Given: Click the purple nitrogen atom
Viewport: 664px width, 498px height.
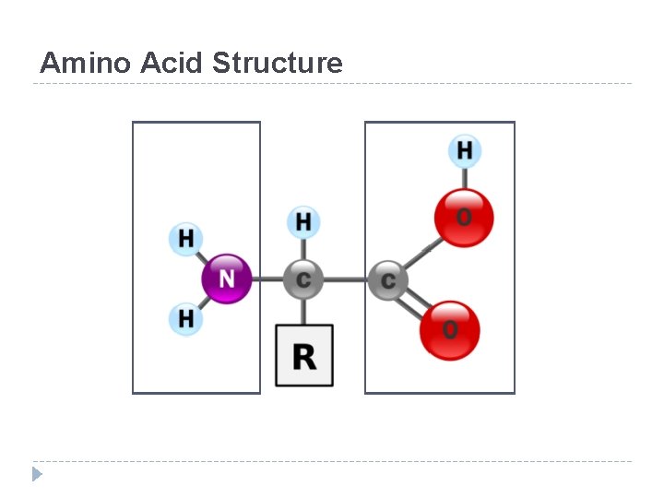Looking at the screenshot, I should coord(226,278).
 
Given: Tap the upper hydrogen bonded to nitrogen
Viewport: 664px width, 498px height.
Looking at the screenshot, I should coord(185,239).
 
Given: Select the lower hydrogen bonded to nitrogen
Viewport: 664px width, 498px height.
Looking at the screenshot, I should coord(185,319).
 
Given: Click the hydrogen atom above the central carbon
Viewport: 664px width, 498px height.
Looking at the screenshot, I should coord(303,221).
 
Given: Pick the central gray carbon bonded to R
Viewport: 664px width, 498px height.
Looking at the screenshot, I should coord(303,279).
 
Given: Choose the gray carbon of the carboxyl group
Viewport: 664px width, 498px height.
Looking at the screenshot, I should coord(387,279).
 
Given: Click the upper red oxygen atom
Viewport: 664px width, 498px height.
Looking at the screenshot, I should coord(464,218).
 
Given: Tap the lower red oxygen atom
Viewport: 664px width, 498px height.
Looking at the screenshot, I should coord(450,329).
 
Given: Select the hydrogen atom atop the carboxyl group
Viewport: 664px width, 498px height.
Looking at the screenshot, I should coord(465,149).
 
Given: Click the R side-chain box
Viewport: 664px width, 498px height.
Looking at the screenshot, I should coord(304,355).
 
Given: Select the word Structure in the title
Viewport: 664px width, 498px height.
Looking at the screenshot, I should coord(277,63).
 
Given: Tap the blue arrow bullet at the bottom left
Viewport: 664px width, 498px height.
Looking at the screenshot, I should coord(37,474).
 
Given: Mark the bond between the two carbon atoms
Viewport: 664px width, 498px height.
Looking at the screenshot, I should coord(346,279).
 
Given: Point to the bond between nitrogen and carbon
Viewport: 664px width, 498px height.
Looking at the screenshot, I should coord(267,279).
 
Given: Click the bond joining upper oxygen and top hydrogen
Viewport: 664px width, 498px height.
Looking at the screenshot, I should coord(465,176).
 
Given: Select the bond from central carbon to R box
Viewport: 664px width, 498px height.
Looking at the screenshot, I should coord(303,311).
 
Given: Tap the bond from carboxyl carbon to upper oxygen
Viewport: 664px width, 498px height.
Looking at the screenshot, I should coord(421,252).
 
